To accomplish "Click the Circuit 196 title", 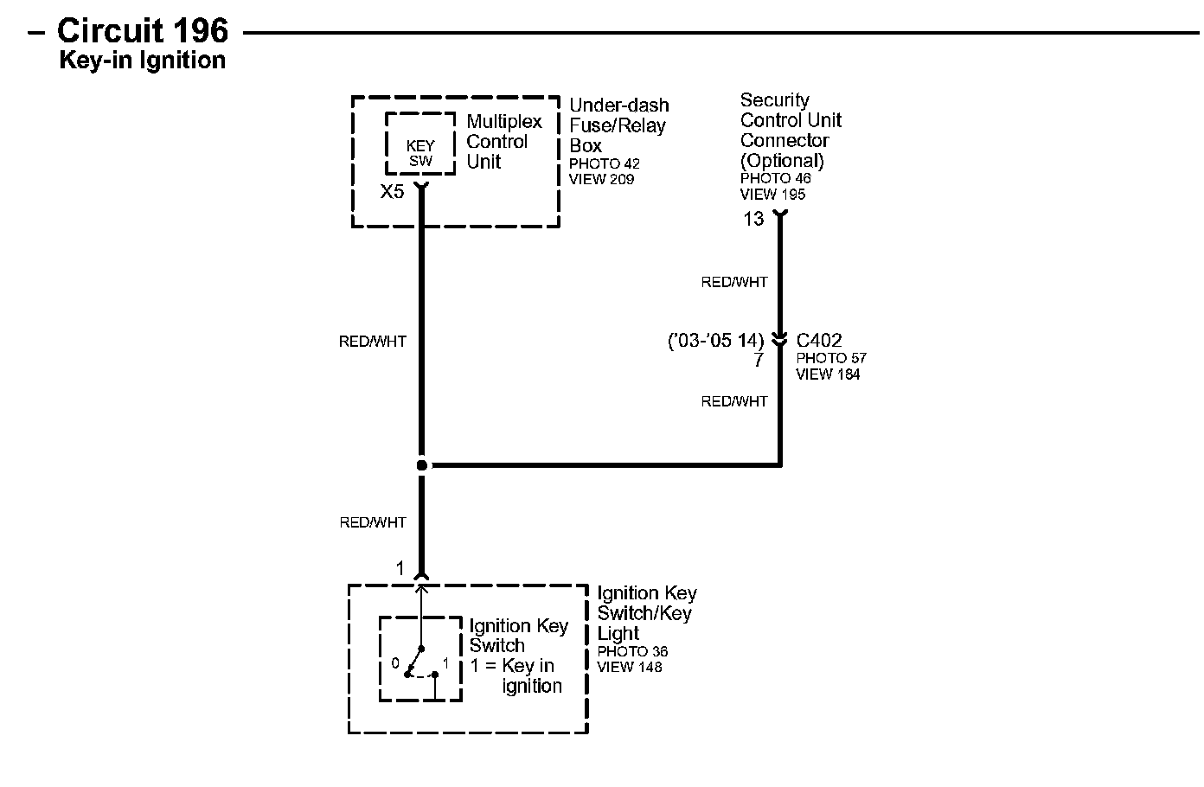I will tap(142, 31).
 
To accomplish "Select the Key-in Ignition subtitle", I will tap(142, 61).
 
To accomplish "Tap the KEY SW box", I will tap(420, 153).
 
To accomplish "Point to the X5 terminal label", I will tap(392, 192).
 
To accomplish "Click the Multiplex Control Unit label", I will tap(503, 142).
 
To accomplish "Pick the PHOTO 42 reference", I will tap(604, 163).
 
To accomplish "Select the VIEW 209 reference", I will tap(601, 179).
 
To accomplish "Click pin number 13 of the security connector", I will tap(753, 220).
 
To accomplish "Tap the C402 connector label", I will tap(819, 341).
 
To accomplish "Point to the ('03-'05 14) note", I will tap(715, 341).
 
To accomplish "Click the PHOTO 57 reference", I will tap(831, 358).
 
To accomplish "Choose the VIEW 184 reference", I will tap(828, 374).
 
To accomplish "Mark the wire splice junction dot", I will tap(422, 465).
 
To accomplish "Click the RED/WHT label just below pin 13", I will tap(734, 282).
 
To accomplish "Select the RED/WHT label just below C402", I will tap(734, 401).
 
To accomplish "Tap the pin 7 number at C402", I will tap(759, 361).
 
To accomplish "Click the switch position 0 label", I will tap(395, 663).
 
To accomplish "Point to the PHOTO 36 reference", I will tap(632, 651).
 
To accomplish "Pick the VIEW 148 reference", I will tap(630, 667).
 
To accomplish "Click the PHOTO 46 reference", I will tap(775, 178).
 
